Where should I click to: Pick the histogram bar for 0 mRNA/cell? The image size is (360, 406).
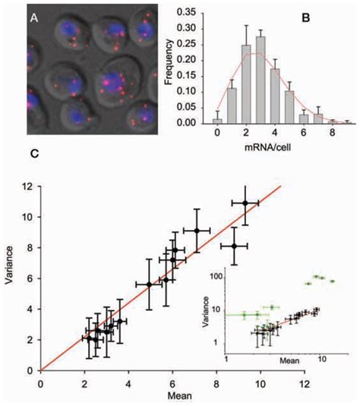(197, 120)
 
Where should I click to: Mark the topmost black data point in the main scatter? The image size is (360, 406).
(245, 203)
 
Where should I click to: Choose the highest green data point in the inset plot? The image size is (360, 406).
(314, 276)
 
